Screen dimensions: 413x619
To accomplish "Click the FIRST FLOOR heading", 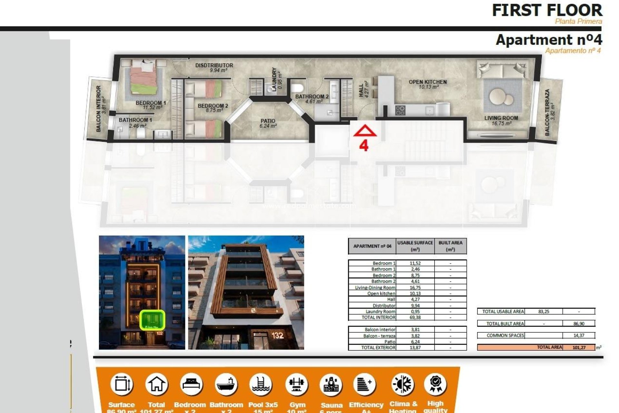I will [x=547, y=10].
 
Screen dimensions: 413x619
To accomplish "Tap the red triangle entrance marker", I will [x=365, y=131].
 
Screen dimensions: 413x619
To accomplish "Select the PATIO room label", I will [x=268, y=121].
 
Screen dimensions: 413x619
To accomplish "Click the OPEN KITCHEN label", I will [x=427, y=82].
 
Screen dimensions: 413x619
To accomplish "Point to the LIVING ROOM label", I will [x=501, y=118].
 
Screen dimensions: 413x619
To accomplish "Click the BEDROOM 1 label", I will [x=151, y=103].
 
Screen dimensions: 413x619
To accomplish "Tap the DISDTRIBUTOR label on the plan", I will [x=214, y=65].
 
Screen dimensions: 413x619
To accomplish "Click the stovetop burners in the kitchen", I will [x=400, y=110].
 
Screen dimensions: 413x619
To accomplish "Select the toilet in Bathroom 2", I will [x=297, y=88].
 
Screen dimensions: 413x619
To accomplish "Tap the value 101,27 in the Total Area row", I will [x=579, y=348].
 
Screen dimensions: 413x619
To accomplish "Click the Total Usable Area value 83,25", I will [x=544, y=311].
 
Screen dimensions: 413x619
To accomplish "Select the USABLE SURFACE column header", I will [x=415, y=246].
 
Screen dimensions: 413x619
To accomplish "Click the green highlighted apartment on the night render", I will [x=152, y=319].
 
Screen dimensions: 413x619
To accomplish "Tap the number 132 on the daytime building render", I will [x=277, y=336].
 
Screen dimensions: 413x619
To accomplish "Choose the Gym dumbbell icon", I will [x=297, y=384].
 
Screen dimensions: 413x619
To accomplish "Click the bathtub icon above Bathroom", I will [x=226, y=384].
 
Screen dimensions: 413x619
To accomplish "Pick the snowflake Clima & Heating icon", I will [x=403, y=384].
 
